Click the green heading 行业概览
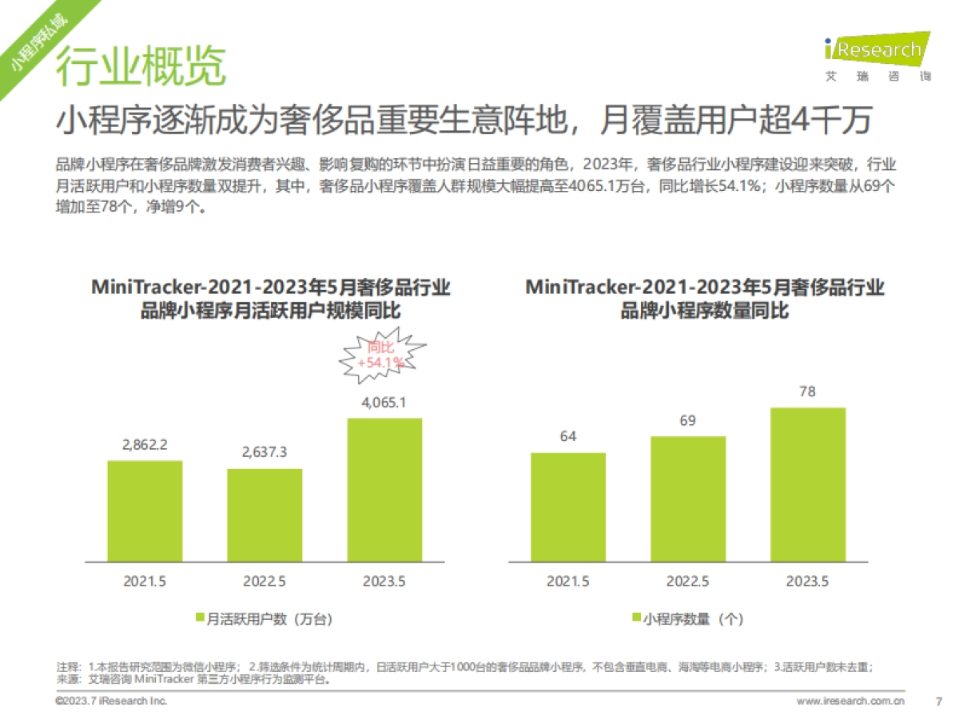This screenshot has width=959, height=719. (141, 66)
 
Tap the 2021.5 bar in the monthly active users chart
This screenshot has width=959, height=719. (145, 510)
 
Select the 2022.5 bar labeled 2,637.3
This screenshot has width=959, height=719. (265, 514)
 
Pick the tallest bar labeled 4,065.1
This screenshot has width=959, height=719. (384, 489)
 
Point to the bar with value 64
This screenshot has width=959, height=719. (568, 506)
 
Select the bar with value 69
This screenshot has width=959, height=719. (688, 499)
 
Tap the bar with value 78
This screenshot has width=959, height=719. (808, 484)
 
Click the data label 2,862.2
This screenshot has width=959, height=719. (145, 445)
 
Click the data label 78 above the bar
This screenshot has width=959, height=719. (808, 391)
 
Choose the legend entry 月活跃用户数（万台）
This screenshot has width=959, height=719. (264, 618)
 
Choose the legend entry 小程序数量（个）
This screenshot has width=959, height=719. (687, 618)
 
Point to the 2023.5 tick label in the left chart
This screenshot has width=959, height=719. (384, 581)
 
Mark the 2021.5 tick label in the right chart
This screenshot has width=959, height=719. (568, 581)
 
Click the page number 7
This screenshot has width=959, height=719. (938, 701)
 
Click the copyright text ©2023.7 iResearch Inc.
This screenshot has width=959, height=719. (111, 701)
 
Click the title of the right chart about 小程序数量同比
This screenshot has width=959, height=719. (704, 298)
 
